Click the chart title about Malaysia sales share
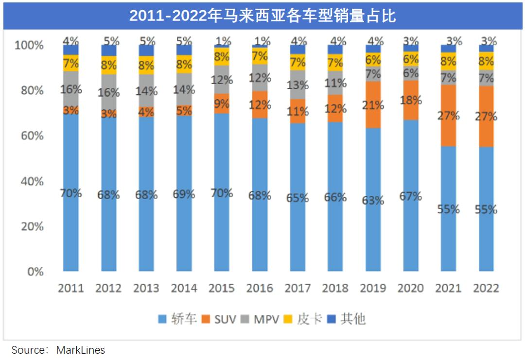pyautogui.click(x=262, y=16)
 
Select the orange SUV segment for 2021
pyautogui.click(x=448, y=116)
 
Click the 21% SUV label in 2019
pyautogui.click(x=373, y=105)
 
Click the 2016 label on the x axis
pyautogui.click(x=260, y=288)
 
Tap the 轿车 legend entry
pyautogui.click(x=177, y=319)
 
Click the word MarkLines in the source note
pyautogui.click(x=81, y=350)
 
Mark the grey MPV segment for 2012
pyautogui.click(x=108, y=92)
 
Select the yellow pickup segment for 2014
pyautogui.click(x=184, y=64)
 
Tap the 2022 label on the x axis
pyautogui.click(x=486, y=288)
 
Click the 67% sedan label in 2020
pyautogui.click(x=411, y=196)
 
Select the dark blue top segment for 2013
pyautogui.click(x=146, y=51)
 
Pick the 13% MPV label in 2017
pyautogui.click(x=297, y=85)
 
